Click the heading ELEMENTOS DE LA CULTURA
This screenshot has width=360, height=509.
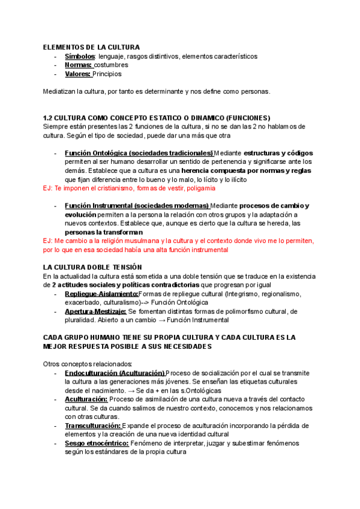tap(91, 47)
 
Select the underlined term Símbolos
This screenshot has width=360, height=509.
tap(79, 56)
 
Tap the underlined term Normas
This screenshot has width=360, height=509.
tap(78, 65)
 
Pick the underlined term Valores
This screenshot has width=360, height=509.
tap(78, 74)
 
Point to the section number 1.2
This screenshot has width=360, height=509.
tap(49, 118)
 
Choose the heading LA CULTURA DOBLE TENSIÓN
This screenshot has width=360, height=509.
tap(92, 267)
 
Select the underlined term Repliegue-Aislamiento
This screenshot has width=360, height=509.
tap(101, 294)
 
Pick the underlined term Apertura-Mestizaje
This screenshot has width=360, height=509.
tap(95, 312)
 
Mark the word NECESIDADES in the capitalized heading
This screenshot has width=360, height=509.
tap(181, 347)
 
